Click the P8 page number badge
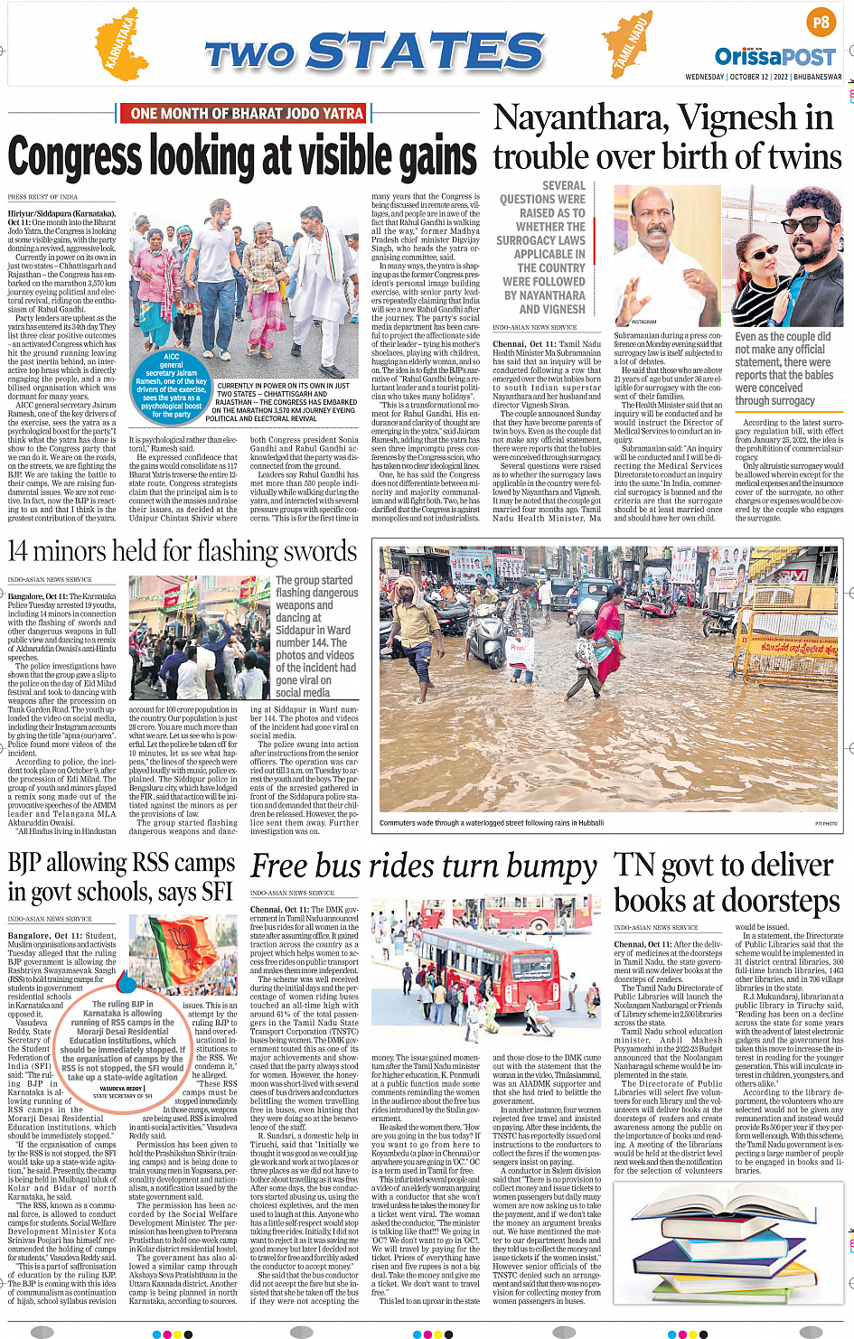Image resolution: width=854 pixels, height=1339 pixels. pyautogui.click(x=821, y=23)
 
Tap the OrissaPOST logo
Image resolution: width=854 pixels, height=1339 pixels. pyautogui.click(x=775, y=57)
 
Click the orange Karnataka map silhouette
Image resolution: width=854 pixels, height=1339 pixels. pyautogui.click(x=123, y=44)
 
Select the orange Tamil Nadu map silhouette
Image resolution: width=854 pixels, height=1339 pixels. pyautogui.click(x=629, y=45)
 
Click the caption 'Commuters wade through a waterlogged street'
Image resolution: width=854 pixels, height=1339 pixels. pyautogui.click(x=492, y=823)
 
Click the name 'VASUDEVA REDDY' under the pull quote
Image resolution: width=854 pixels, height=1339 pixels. pyautogui.click(x=122, y=1089)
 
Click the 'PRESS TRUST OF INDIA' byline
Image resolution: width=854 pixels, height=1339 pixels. pyautogui.click(x=42, y=196)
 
